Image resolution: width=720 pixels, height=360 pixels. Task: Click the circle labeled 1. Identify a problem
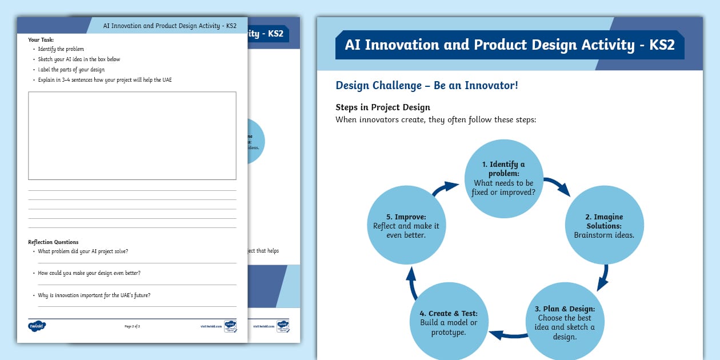click(x=503, y=178)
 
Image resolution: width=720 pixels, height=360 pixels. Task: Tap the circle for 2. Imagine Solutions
click(x=604, y=225)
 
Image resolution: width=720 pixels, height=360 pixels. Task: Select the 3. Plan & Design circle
click(x=566, y=321)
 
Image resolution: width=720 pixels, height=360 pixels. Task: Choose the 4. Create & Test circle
click(x=449, y=321)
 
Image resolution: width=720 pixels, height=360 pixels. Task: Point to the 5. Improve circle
click(x=406, y=225)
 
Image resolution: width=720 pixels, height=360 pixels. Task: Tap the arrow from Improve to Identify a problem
click(x=446, y=189)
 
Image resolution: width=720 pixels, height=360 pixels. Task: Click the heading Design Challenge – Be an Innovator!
click(x=426, y=85)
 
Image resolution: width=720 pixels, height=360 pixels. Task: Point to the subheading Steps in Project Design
click(x=382, y=107)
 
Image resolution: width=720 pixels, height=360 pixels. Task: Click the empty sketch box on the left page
click(x=132, y=135)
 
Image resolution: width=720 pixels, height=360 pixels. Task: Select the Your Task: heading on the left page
click(x=41, y=39)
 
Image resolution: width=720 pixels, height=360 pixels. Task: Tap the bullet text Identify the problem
click(x=61, y=49)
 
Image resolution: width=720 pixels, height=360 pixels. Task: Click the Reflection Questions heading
click(x=53, y=242)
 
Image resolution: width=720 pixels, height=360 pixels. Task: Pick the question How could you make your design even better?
click(x=89, y=273)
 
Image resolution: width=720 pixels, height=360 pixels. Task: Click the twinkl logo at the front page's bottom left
click(x=37, y=326)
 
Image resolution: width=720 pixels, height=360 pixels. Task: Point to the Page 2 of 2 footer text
click(x=132, y=326)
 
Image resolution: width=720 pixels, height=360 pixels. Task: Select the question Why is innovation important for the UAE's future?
click(x=94, y=295)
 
